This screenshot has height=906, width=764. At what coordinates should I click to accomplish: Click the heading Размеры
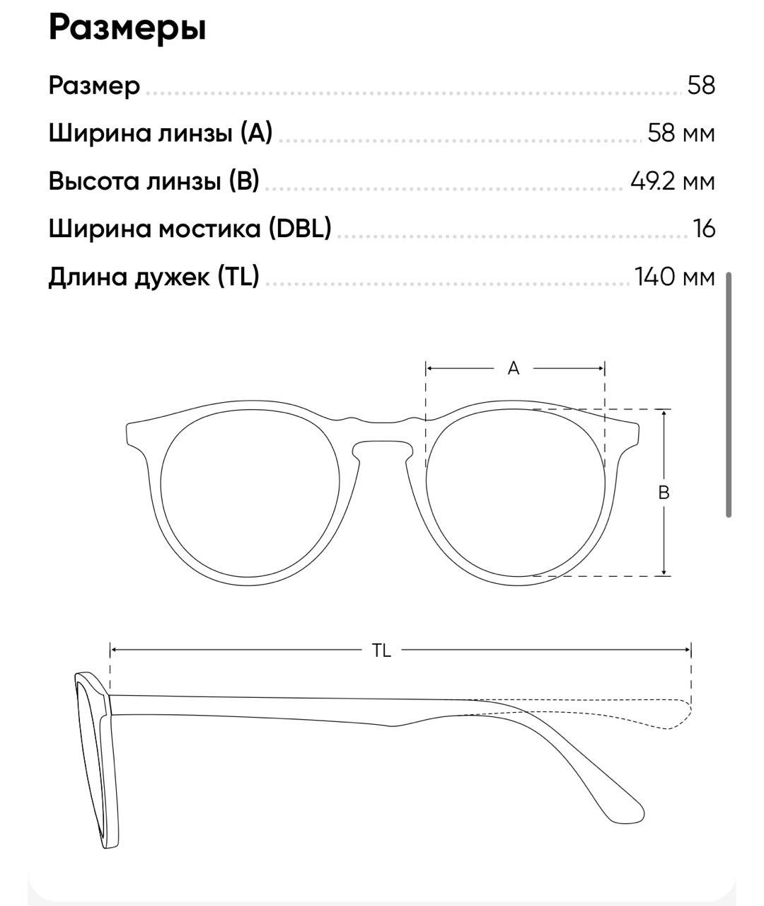tap(127, 28)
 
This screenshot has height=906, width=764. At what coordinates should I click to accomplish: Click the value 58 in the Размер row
tap(701, 86)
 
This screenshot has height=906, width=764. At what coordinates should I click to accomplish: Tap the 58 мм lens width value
tap(681, 133)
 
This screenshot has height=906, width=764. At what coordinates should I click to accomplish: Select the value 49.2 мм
tap(672, 181)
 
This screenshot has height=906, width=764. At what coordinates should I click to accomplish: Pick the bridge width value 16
tap(705, 229)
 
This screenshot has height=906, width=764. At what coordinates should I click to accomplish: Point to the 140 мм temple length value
tap(674, 276)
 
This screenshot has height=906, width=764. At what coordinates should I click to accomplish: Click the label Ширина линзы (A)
tap(161, 132)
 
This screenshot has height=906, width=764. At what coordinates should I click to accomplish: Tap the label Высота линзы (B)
tap(154, 180)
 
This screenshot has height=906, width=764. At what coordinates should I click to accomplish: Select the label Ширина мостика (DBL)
tap(190, 229)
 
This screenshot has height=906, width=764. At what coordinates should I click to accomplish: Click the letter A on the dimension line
tap(514, 368)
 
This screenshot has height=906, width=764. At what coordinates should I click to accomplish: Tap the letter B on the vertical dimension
tap(664, 493)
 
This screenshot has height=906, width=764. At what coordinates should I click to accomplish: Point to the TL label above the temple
tap(381, 650)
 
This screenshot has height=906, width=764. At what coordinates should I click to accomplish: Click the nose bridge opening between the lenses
tap(382, 453)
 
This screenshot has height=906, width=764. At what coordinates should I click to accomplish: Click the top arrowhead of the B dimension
tap(664, 414)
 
